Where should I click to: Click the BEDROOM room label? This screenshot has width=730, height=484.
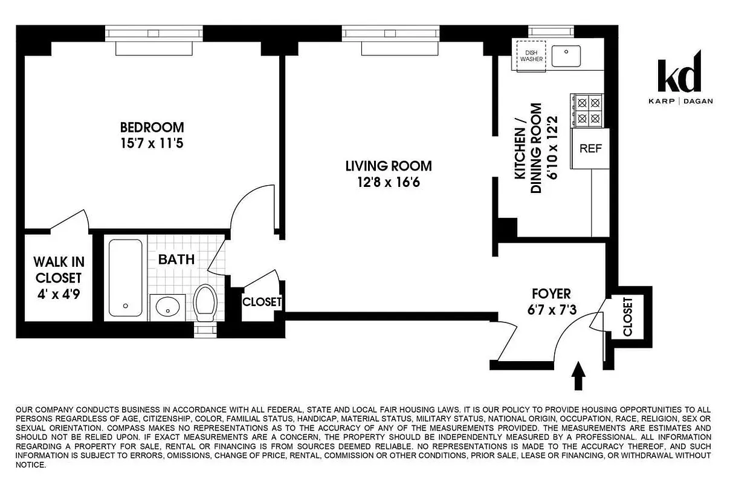coord(152,128)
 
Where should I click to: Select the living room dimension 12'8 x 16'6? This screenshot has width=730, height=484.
coord(388,181)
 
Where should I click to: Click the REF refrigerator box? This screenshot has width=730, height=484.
coord(590,149)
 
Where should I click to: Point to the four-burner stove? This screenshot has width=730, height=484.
coord(588,111)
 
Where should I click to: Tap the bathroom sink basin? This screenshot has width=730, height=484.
coord(167,309)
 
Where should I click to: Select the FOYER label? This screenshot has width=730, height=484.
coord(551,294)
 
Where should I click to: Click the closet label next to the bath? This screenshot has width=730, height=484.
coord(262,301)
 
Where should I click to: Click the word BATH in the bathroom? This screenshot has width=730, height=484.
coord(176,260)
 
